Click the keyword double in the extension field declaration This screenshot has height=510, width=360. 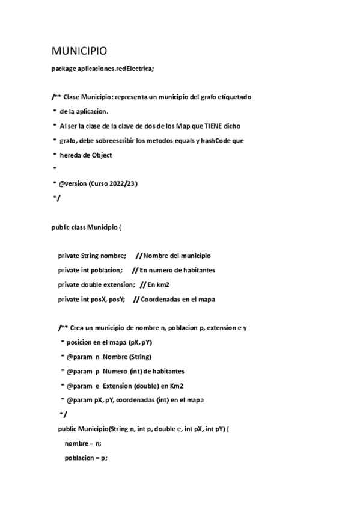click(94, 284)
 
